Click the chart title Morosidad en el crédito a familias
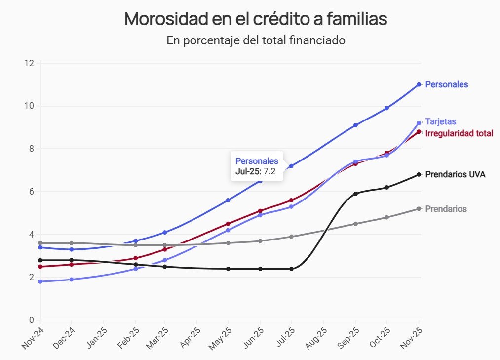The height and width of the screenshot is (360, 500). tap(256, 19)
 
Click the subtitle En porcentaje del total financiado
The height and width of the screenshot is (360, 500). tap(256, 40)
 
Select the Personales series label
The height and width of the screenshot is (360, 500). tap(446, 84)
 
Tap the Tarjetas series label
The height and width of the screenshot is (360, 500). tap(440, 121)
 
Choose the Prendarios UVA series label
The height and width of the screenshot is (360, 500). tap(455, 174)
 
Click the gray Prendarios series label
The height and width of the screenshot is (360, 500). tap(446, 209)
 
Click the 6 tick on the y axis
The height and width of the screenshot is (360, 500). tap(31, 192)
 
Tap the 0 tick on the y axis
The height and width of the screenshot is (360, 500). tap(31, 320)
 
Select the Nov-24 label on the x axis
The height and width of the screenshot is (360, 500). tap(33, 338)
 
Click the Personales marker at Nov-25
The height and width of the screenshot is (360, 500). tap(419, 84)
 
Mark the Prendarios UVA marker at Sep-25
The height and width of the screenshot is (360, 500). tap(355, 194)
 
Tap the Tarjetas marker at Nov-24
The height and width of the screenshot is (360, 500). tap(40, 281)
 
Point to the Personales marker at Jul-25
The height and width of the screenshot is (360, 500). tap(291, 166)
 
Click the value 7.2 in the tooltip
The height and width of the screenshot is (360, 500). tap(269, 172)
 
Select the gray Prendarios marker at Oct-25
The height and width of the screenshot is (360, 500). tap(386, 217)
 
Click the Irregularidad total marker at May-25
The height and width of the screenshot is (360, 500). tap(228, 224)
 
